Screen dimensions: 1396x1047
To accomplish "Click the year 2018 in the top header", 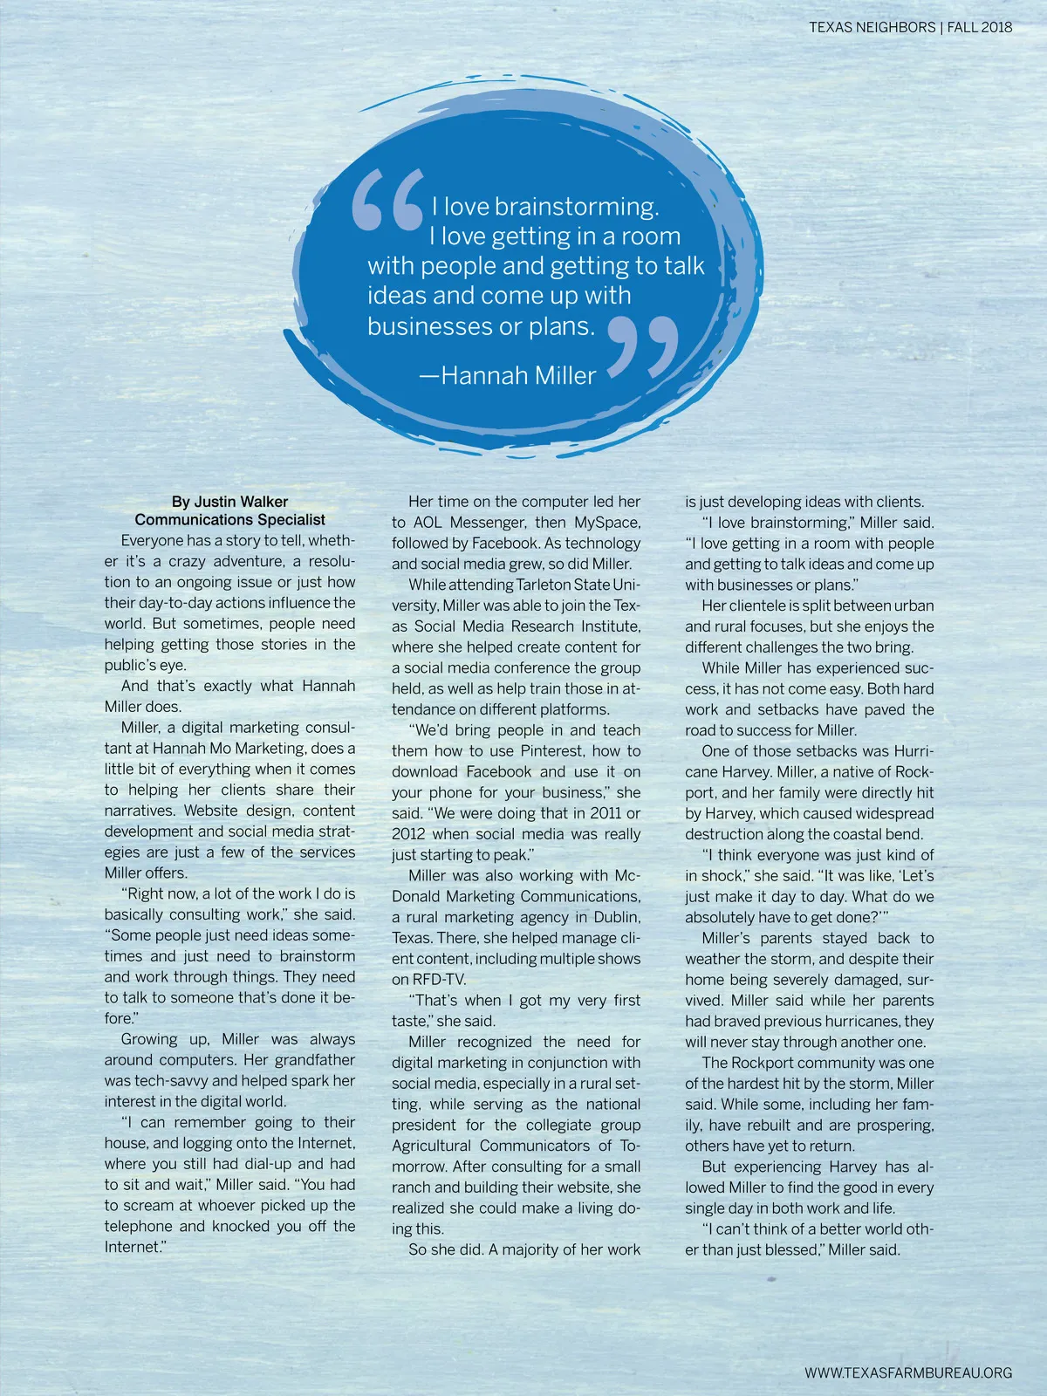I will [x=996, y=27].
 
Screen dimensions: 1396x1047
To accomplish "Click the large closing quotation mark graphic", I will [x=643, y=346].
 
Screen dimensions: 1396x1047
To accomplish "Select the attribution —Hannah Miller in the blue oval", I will [x=508, y=375].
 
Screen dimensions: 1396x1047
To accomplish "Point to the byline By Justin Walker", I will [x=229, y=502].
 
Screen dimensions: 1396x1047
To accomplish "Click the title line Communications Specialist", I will [x=229, y=520].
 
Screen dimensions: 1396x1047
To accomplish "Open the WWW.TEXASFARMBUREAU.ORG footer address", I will [x=908, y=1372].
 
